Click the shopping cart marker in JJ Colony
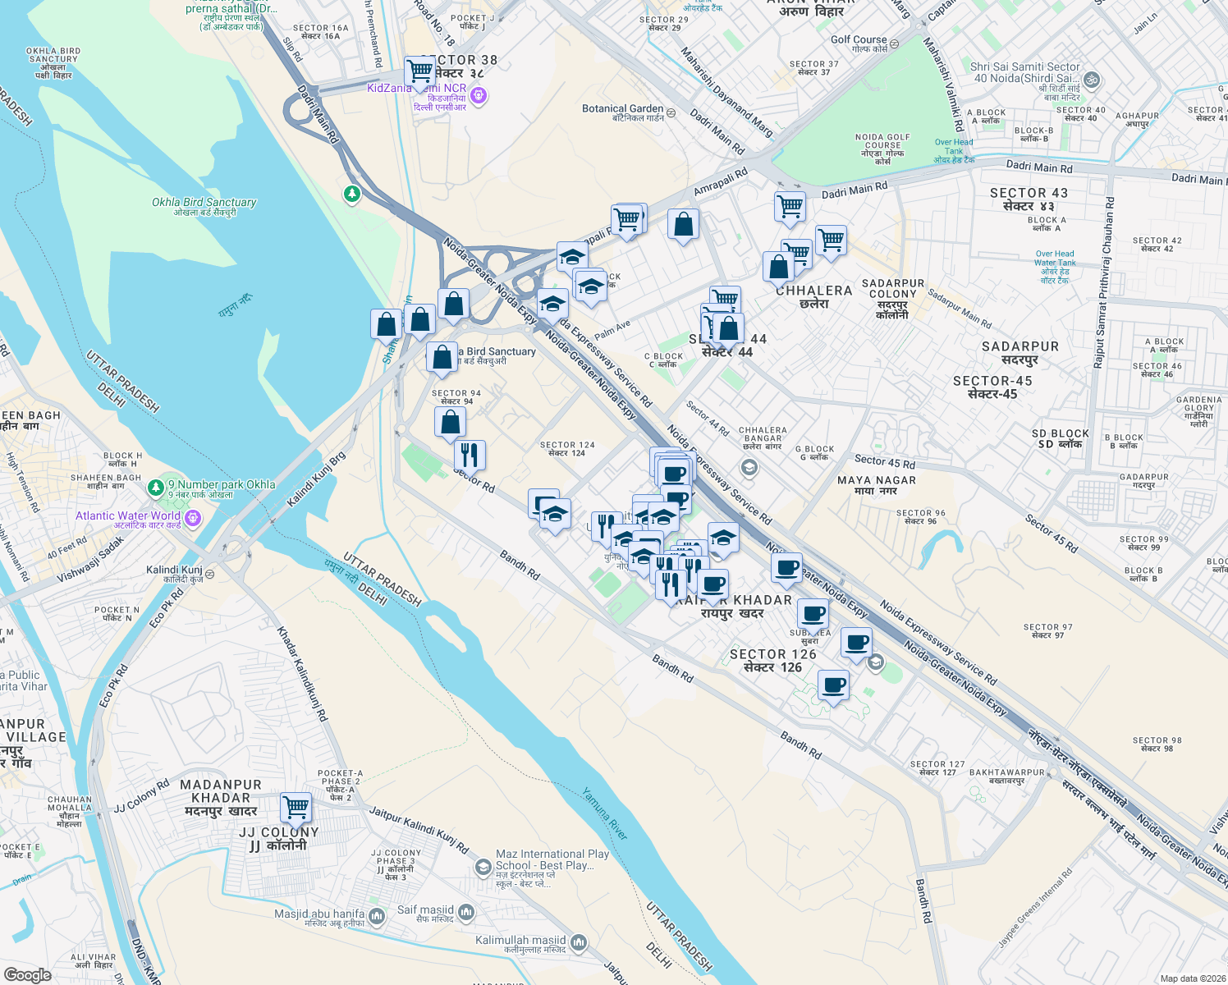[x=296, y=807]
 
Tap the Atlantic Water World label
[x=128, y=516]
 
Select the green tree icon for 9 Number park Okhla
[x=156, y=488]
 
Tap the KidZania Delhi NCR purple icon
[x=479, y=97]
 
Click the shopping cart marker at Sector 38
[x=419, y=71]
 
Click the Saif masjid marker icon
[x=466, y=912]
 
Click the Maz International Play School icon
[x=483, y=866]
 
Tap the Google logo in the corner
[x=27, y=974]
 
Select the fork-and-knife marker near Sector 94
[x=470, y=454]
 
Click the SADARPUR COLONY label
[x=892, y=288]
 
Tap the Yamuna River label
[x=606, y=813]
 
